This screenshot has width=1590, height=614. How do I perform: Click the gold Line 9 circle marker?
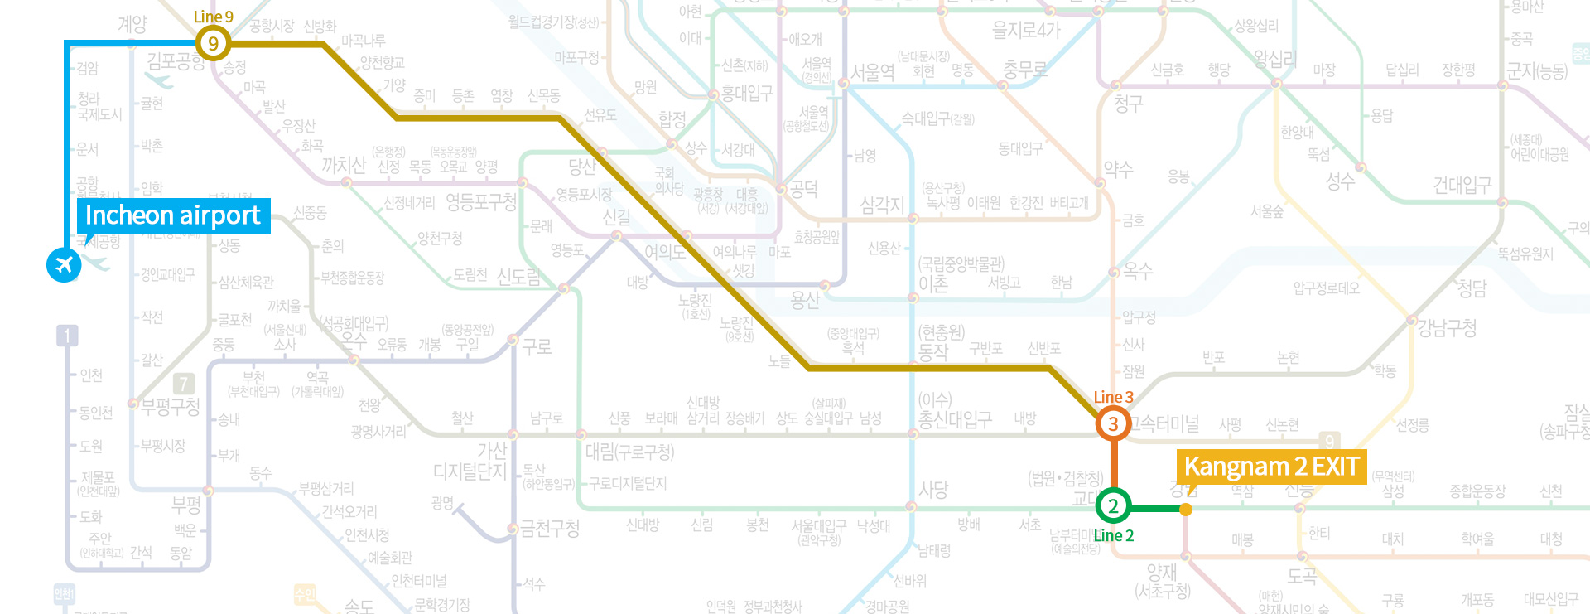pos(213,43)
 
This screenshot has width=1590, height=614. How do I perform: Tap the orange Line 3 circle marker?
pos(1113,423)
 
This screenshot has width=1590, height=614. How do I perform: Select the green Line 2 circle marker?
pos(1113,505)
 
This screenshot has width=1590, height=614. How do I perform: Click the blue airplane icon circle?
pos(64,265)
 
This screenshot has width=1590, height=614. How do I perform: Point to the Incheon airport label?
pos(173,215)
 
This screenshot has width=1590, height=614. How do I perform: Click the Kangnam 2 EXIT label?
pos(1271,467)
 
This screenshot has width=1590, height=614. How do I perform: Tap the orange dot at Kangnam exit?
pos(1186,510)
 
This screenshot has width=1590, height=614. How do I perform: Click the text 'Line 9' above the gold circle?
pos(213,17)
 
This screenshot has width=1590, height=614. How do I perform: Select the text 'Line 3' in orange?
pos(1113,397)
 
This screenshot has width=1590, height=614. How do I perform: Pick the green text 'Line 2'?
pos(1113,535)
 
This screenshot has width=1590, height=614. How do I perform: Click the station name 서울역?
pos(873,73)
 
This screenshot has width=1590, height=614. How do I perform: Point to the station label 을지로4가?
pos(1026,31)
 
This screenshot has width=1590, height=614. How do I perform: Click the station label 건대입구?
pos(1462,185)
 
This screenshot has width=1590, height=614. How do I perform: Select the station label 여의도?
pos(664,251)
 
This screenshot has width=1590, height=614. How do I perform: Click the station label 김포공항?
pos(176,60)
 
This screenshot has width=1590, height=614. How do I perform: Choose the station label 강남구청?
pos(1447,328)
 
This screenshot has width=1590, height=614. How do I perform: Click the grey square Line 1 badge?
pos(67,336)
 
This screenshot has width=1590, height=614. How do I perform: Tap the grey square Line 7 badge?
pos(184,383)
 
